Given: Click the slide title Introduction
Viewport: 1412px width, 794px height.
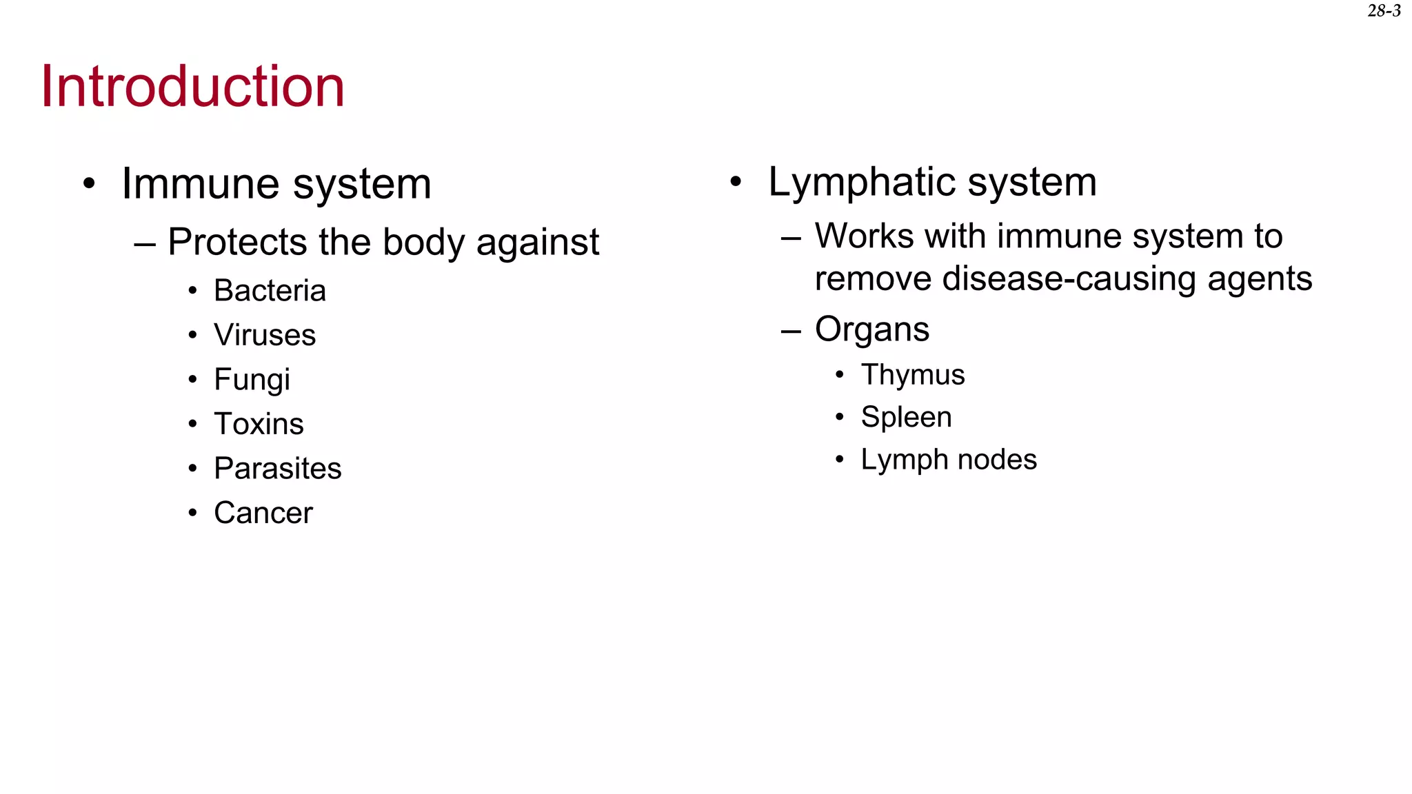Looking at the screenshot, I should (192, 86).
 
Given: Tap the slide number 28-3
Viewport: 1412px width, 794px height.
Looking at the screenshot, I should (1384, 11).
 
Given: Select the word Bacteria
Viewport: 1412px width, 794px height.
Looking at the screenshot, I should (270, 291).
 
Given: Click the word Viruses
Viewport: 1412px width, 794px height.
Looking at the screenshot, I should (265, 336).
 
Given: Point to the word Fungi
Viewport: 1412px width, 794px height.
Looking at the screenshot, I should (252, 380).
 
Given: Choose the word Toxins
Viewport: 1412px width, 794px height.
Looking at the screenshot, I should (259, 424).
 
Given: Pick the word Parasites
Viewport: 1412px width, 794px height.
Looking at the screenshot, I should (277, 469).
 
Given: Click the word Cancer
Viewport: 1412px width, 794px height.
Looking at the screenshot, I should (263, 513).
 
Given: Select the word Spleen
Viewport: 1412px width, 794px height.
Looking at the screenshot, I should (906, 418).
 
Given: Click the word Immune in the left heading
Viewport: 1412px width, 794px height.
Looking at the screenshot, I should (192, 184).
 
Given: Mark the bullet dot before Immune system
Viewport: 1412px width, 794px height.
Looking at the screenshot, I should (89, 184).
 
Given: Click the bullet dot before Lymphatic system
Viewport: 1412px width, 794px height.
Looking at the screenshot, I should (736, 182).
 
